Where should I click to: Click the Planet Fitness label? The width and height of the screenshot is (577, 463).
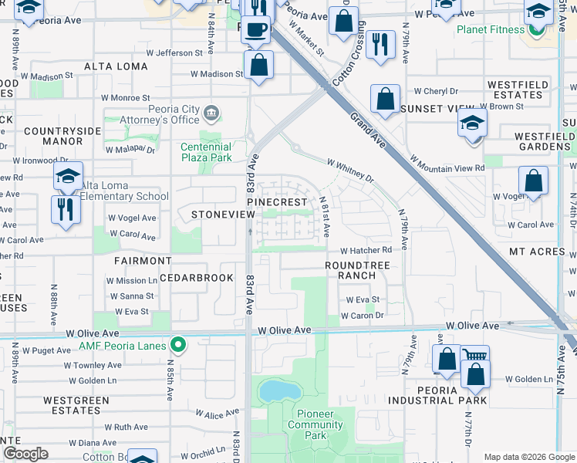490,30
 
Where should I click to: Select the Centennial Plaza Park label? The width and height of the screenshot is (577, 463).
206,152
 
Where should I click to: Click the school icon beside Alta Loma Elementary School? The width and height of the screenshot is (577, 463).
69,177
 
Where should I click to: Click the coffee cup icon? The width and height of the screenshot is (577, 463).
257,30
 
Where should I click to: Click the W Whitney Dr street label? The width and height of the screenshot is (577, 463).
350,171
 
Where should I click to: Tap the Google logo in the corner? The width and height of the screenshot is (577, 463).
25,454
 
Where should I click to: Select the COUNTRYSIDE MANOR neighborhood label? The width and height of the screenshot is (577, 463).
62,137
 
